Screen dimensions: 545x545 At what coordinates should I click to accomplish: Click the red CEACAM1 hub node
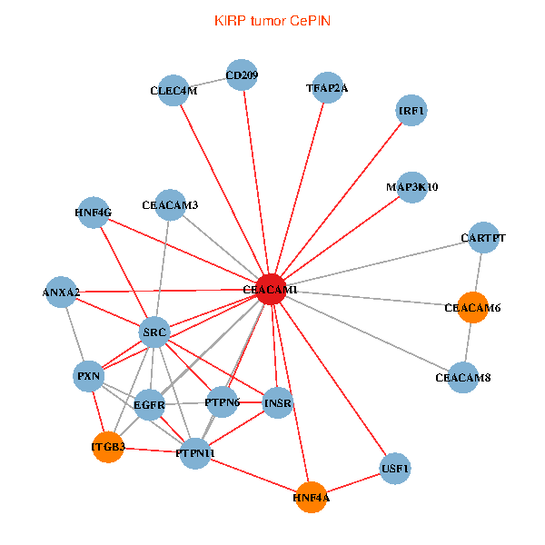[270, 289]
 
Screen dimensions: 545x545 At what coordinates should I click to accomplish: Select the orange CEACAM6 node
[472, 308]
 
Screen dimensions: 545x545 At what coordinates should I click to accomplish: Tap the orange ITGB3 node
[108, 447]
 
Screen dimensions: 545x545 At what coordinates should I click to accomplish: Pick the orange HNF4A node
[312, 497]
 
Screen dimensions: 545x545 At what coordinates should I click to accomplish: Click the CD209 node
[243, 75]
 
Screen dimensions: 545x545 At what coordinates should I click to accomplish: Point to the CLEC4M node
[173, 91]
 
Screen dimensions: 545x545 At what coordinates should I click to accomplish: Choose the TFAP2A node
[327, 88]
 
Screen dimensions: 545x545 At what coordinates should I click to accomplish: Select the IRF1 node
[411, 111]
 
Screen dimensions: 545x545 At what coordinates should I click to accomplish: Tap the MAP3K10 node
[411, 187]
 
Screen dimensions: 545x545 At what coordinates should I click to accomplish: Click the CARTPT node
[482, 238]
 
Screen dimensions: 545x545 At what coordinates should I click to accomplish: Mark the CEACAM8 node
[462, 377]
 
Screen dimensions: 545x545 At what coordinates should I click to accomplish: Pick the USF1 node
[395, 469]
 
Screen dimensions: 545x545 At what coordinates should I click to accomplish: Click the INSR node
[278, 402]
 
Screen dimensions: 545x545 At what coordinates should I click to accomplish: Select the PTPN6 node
[222, 401]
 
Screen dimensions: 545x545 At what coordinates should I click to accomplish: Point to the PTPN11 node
[195, 452]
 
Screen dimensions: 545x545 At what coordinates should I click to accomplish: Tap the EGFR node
[149, 404]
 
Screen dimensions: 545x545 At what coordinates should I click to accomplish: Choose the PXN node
[89, 375]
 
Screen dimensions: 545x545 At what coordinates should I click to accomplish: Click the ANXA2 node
[61, 292]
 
